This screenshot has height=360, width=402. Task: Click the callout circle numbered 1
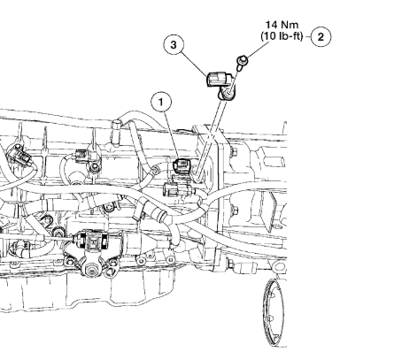point(161,102)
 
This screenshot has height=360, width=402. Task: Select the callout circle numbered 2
point(321,37)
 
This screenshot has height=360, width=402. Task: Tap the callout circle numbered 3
point(174,44)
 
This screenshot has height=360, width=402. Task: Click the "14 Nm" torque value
point(282,25)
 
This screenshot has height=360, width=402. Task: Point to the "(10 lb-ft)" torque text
point(282,36)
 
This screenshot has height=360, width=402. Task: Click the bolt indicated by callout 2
point(242,63)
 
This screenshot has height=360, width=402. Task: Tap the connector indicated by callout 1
point(182,166)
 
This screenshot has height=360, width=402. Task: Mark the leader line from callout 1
point(170,135)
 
